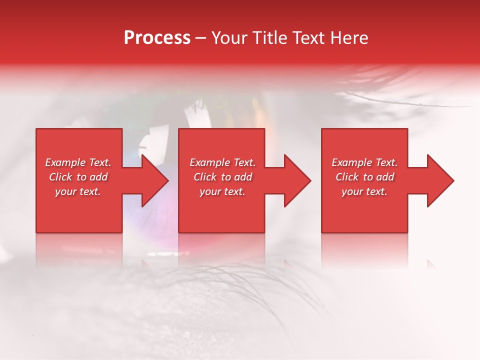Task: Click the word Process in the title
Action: click(x=157, y=37)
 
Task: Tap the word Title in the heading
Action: click(x=271, y=37)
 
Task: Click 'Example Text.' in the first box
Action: click(x=78, y=162)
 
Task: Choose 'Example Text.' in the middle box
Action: click(x=222, y=162)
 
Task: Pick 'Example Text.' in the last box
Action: click(x=364, y=162)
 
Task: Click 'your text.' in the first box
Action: click(x=78, y=191)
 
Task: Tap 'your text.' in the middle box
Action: click(x=222, y=191)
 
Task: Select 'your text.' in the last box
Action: click(x=364, y=191)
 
